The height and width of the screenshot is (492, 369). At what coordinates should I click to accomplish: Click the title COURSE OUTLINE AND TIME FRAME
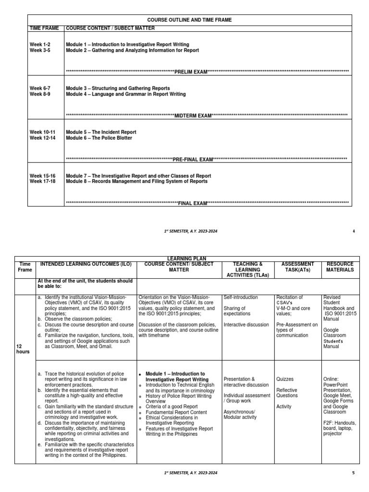189,20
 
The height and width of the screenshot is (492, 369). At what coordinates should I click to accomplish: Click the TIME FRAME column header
45,28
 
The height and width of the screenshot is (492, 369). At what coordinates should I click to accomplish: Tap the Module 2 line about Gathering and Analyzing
132,50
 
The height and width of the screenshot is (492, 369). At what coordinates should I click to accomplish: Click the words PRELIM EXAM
190,72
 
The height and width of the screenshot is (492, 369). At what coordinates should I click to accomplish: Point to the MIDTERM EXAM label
193,116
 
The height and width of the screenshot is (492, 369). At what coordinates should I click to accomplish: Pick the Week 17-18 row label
43,182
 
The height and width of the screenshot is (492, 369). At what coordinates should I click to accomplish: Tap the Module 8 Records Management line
137,182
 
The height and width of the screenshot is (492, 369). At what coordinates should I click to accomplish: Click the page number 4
354,231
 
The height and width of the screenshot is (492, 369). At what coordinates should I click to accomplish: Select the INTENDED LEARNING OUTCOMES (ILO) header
86,264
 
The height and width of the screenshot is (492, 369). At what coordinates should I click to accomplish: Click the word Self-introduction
241,297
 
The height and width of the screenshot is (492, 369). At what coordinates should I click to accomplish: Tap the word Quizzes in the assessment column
285,379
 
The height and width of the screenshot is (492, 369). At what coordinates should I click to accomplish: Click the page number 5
354,473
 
